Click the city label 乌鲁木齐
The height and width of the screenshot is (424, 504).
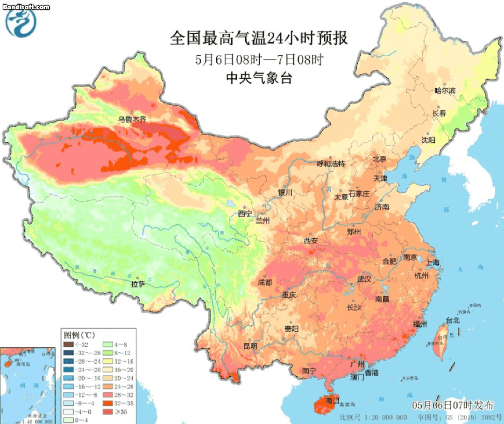pos(132,119)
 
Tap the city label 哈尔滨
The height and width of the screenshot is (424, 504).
pos(444,91)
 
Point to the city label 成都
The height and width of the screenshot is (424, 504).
pos(265,282)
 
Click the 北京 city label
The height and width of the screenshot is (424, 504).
pos(379,159)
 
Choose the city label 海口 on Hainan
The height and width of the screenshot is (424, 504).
pos(333,401)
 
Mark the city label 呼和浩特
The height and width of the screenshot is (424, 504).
pos(331,164)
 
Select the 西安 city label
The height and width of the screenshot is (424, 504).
pos(311,241)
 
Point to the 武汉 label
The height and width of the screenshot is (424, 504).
pos(364,279)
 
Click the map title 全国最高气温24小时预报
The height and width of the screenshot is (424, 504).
pos(259,38)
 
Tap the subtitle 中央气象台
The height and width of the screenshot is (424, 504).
pos(259,78)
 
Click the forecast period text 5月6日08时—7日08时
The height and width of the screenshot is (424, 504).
pos(259,59)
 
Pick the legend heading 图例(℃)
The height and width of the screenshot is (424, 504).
pos(79,335)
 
